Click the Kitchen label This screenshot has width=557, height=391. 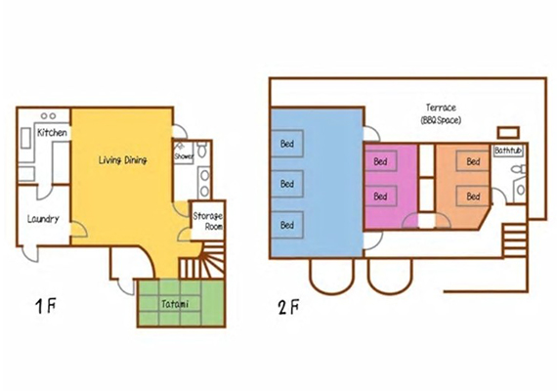(x=52, y=133)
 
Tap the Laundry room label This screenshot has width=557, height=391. (x=43, y=219)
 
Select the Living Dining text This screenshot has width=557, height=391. (x=122, y=160)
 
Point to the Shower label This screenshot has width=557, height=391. (x=184, y=156)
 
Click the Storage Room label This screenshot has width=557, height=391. (x=208, y=221)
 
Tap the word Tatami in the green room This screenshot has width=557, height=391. (x=175, y=304)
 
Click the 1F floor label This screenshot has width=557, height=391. (x=46, y=306)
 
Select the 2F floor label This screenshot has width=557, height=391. (x=288, y=307)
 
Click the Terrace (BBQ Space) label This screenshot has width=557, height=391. (x=441, y=113)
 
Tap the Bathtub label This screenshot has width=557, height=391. (x=508, y=151)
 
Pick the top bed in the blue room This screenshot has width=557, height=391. (x=287, y=144)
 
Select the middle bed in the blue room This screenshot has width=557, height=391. (x=287, y=184)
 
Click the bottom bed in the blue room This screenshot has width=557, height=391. (x=287, y=225)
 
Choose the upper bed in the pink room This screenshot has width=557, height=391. (x=381, y=161)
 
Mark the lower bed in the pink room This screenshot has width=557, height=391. (x=381, y=195)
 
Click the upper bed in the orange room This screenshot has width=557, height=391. (x=473, y=161)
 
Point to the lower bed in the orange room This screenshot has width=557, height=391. (x=473, y=195)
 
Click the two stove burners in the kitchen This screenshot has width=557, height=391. (x=48, y=116)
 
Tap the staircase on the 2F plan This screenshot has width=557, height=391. (x=514, y=239)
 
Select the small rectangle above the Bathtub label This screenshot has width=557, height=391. (x=508, y=133)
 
